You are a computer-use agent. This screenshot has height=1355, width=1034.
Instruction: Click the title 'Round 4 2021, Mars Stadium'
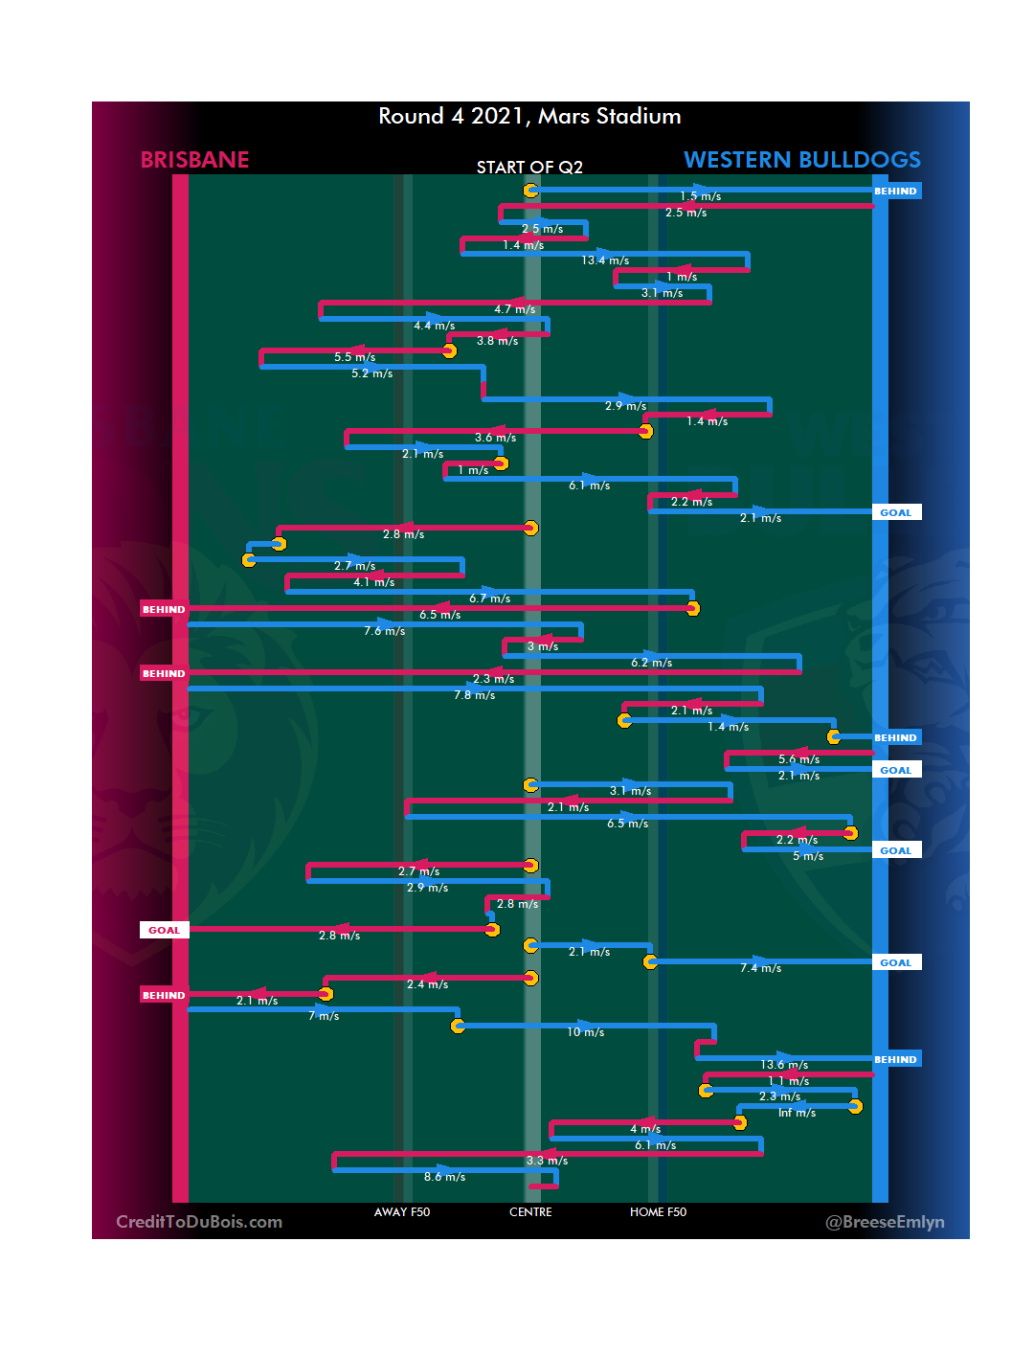pos(529,117)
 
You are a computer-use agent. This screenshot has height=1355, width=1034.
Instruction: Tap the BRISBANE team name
pos(194,160)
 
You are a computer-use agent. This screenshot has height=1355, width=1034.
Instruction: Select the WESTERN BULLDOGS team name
pos(801,160)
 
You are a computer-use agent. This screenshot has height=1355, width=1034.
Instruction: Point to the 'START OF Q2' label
pos(529,168)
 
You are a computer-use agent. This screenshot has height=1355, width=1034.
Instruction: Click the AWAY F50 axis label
pos(402,1212)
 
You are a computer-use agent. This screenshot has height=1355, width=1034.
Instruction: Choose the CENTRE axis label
pos(530,1212)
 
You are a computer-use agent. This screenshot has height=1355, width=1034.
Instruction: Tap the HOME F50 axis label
pos(658,1212)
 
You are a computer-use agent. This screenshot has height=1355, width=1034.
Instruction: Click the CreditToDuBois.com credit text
pos(199,1222)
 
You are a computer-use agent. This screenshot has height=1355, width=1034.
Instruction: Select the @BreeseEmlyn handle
pos(885,1222)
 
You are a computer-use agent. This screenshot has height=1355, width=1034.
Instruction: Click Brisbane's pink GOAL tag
pos(164,930)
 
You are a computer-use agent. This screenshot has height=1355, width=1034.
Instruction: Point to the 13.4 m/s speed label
pos(605,260)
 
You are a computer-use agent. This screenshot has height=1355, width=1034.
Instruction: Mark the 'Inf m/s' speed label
pos(797,1113)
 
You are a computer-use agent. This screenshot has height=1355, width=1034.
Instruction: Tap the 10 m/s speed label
pos(585,1032)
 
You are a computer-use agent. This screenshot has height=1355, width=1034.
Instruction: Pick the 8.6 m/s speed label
pos(444,1177)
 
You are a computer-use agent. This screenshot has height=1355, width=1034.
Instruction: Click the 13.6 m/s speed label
pos(784,1065)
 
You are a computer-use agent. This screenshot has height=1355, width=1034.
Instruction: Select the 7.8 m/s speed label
pos(474,695)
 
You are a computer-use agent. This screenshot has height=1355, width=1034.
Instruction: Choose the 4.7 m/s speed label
pos(514,309)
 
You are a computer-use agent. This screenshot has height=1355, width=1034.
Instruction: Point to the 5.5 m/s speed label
pos(354,357)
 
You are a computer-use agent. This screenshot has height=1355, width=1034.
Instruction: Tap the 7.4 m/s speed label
pos(760,968)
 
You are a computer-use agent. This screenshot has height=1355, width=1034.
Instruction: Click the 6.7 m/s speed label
pos(489,598)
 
